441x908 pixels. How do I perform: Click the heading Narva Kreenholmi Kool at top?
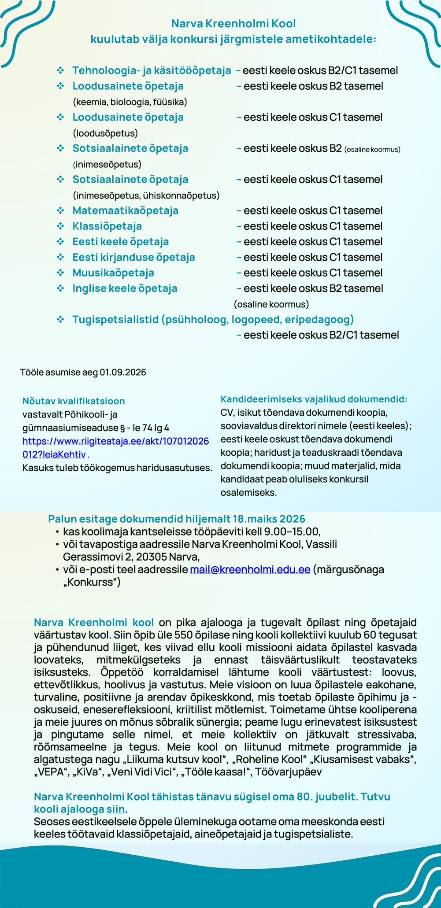click(x=233, y=23)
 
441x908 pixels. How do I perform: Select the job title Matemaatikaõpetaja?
click(x=125, y=210)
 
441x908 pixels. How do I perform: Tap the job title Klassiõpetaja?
click(x=107, y=226)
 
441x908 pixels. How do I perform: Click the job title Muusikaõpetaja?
click(x=113, y=273)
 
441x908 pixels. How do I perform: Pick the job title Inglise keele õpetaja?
click(x=125, y=288)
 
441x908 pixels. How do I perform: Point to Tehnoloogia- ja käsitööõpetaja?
click(x=152, y=70)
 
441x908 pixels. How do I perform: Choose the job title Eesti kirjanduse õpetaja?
click(x=133, y=257)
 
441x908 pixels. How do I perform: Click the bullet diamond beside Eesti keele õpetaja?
click(x=60, y=242)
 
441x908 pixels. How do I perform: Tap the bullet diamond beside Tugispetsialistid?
click(x=60, y=319)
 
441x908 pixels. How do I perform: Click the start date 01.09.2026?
click(x=123, y=372)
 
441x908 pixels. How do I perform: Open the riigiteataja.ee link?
click(x=115, y=441)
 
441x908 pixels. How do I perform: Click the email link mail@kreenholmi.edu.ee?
click(x=250, y=569)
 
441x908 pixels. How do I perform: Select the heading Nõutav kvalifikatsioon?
click(x=74, y=401)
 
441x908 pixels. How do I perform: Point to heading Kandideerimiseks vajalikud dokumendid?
click(x=314, y=399)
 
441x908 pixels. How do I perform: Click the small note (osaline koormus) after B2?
click(x=372, y=150)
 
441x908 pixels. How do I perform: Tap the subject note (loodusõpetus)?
click(x=105, y=133)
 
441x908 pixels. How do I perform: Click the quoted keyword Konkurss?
click(x=92, y=582)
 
